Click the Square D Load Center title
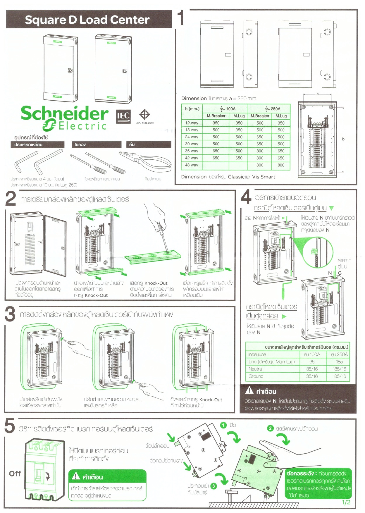(x=87, y=20)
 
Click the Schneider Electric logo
(x=64, y=118)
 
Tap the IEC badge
(x=123, y=116)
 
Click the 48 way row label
(x=192, y=165)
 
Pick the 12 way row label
(x=192, y=123)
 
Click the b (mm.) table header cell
(x=192, y=109)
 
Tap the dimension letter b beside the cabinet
(x=343, y=139)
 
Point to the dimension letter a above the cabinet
(x=318, y=94)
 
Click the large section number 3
(x=10, y=314)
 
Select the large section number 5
(x=10, y=426)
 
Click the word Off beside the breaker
(x=15, y=474)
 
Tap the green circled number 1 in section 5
(x=223, y=425)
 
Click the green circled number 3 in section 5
(x=214, y=486)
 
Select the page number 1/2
(x=346, y=502)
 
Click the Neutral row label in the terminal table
(x=256, y=369)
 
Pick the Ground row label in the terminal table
(x=256, y=376)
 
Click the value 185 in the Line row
(x=339, y=362)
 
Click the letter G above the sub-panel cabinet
(x=340, y=273)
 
